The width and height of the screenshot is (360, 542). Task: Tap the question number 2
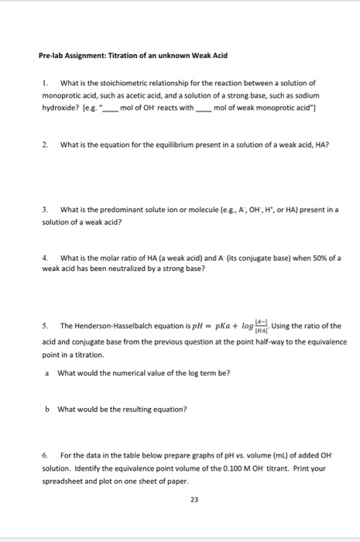(x=45, y=144)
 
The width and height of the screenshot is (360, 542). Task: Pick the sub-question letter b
(x=47, y=409)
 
